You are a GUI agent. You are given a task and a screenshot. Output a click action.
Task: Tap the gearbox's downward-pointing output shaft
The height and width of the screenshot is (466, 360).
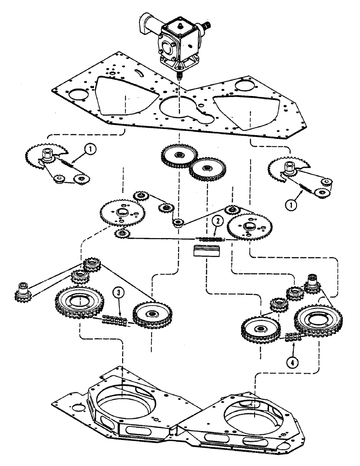coord(179,75)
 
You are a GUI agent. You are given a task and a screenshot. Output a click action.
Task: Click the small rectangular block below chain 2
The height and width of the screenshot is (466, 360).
coord(205,252)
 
